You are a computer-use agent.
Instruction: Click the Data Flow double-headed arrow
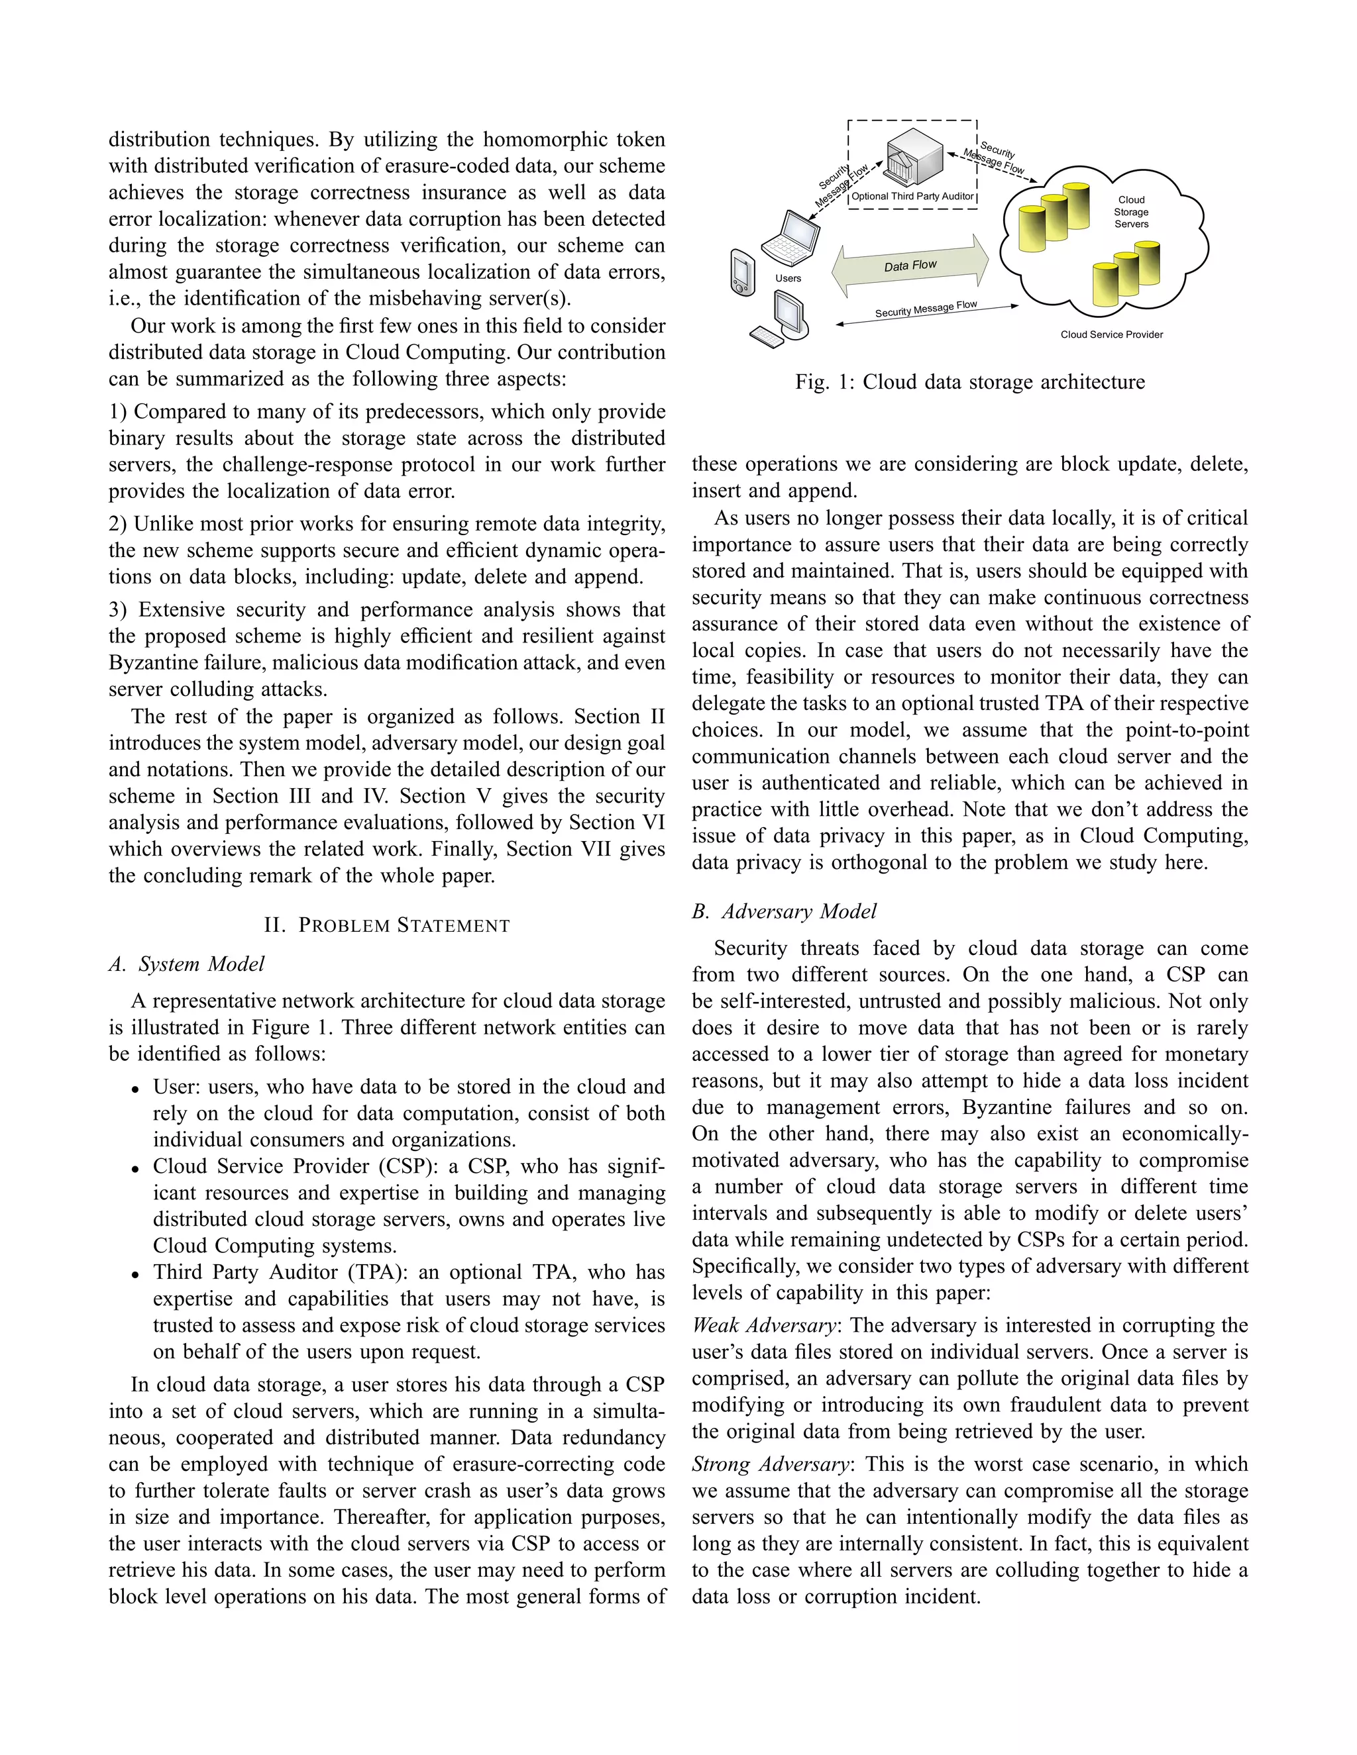(911, 265)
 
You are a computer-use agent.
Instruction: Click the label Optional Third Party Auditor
(912, 196)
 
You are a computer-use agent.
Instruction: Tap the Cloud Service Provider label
(1111, 334)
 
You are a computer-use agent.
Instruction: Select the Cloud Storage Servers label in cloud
(1130, 212)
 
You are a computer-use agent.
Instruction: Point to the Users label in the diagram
(788, 278)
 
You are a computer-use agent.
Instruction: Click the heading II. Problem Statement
(387, 925)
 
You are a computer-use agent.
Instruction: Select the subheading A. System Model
(186, 964)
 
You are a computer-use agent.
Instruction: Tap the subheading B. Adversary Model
(784, 911)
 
